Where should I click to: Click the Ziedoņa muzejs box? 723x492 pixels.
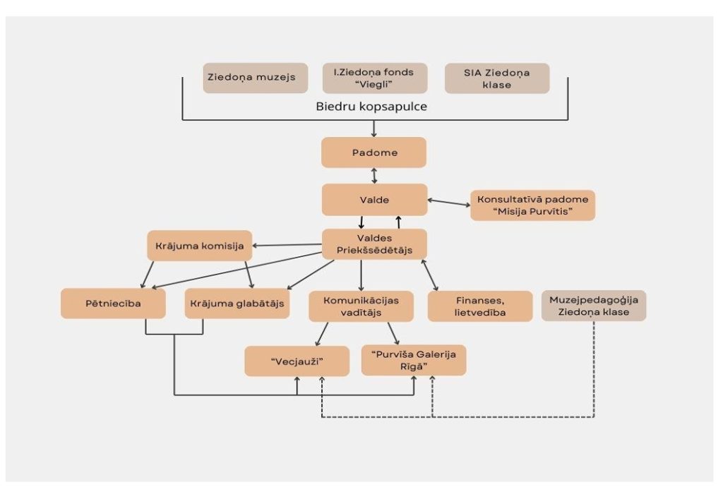coord(256,78)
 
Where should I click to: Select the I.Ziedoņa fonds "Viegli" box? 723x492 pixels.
coord(375,78)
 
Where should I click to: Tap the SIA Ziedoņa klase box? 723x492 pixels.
coord(497,78)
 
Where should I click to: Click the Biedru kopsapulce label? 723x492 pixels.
coord(371,107)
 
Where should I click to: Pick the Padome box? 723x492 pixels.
coord(374,152)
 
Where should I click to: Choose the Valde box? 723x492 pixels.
coord(374,200)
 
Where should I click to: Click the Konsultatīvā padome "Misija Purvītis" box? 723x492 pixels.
coord(532,205)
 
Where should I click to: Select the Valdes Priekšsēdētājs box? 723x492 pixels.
coord(374,244)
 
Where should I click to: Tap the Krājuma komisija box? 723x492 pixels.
coord(200,246)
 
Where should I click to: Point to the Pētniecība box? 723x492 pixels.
coord(113,304)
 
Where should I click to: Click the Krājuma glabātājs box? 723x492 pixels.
coord(237,304)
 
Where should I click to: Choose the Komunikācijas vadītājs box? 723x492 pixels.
coord(361,306)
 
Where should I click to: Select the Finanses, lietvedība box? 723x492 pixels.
coord(480,306)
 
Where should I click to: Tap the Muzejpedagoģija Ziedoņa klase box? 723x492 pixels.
coord(594,306)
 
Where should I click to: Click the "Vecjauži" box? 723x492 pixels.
coord(297,361)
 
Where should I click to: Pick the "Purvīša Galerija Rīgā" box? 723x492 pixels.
coord(414,360)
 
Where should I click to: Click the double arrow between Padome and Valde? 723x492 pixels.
coord(374,176)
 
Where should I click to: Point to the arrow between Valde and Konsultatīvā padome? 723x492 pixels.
coord(448,202)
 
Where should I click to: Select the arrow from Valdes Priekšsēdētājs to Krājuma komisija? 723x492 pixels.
coord(287,245)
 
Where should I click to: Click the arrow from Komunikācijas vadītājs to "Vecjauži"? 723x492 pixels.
coord(322,334)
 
